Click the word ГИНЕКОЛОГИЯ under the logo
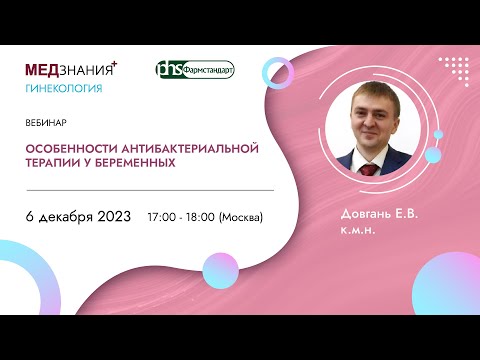(x=63, y=88)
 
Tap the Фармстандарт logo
(x=195, y=71)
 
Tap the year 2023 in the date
(x=110, y=216)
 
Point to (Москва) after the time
(x=240, y=217)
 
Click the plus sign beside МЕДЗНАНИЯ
(x=114, y=64)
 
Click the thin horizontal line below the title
(x=150, y=189)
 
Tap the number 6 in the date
(x=30, y=216)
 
